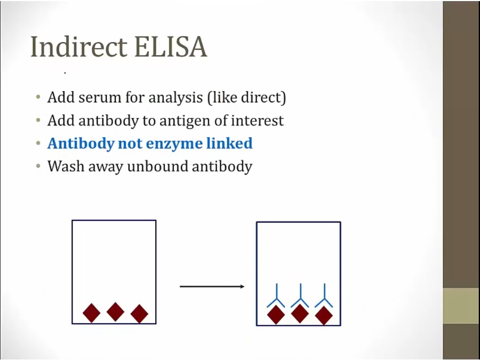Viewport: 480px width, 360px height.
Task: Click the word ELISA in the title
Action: click(x=171, y=47)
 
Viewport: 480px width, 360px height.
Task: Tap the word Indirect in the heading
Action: click(x=79, y=46)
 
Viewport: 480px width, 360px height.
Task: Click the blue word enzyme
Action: click(x=173, y=144)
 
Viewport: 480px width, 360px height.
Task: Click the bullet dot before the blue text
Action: click(x=38, y=143)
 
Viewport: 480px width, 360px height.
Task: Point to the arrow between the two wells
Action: click(x=212, y=286)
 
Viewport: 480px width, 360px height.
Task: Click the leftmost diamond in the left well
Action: click(x=92, y=313)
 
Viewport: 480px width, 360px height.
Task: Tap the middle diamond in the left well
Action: click(x=115, y=312)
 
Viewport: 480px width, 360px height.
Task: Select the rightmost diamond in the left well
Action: click(x=139, y=314)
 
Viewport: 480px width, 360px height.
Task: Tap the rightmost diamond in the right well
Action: click(x=324, y=316)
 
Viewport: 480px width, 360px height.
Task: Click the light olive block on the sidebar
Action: click(x=461, y=306)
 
